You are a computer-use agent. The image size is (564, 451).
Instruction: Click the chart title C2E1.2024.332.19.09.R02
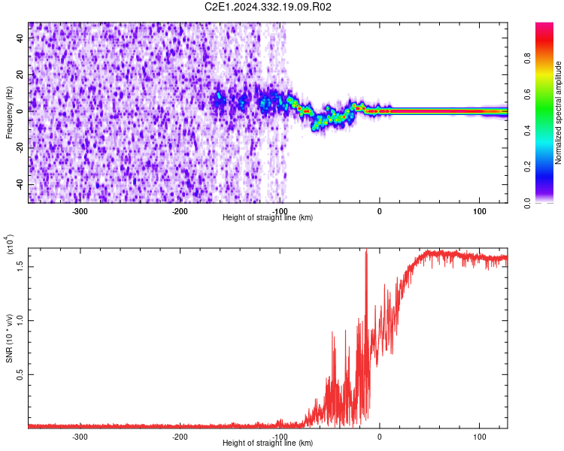point(268,7)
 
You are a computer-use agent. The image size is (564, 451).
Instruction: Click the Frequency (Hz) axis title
point(9,112)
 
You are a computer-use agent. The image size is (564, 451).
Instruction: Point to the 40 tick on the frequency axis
point(20,40)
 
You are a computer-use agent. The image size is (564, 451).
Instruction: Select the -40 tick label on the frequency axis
point(19,184)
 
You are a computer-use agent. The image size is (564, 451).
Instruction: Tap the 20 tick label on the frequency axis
point(20,76)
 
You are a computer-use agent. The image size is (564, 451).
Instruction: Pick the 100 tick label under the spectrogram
point(479,210)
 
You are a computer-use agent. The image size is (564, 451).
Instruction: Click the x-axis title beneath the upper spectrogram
point(268,218)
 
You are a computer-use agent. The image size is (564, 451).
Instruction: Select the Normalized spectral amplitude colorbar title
point(559,113)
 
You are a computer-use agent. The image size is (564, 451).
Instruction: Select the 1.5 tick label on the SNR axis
point(20,265)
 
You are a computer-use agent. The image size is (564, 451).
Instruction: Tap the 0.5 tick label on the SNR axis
point(20,374)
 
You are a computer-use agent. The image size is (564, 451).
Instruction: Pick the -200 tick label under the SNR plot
point(179,437)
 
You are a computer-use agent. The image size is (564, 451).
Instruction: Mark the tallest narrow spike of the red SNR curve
point(366,253)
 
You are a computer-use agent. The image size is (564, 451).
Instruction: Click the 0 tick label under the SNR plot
point(379,437)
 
